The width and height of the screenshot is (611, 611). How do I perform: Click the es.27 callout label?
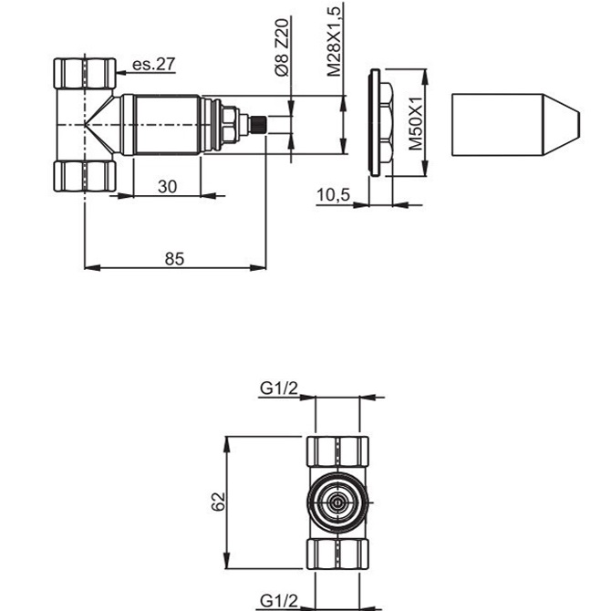click(x=153, y=64)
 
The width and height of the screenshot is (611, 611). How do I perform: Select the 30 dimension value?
click(x=166, y=185)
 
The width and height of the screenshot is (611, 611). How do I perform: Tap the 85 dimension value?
click(x=174, y=259)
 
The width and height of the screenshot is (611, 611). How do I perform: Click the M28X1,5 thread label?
click(x=335, y=41)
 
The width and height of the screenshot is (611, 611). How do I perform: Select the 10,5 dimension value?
click(x=334, y=196)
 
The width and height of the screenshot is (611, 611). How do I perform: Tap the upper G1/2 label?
click(x=279, y=388)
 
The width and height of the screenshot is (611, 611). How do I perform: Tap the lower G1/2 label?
click(x=279, y=600)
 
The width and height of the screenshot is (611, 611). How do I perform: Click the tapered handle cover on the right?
click(x=514, y=124)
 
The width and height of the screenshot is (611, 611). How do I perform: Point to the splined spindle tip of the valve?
click(x=262, y=124)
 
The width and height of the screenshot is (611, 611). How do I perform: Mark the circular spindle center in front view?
click(x=337, y=502)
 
